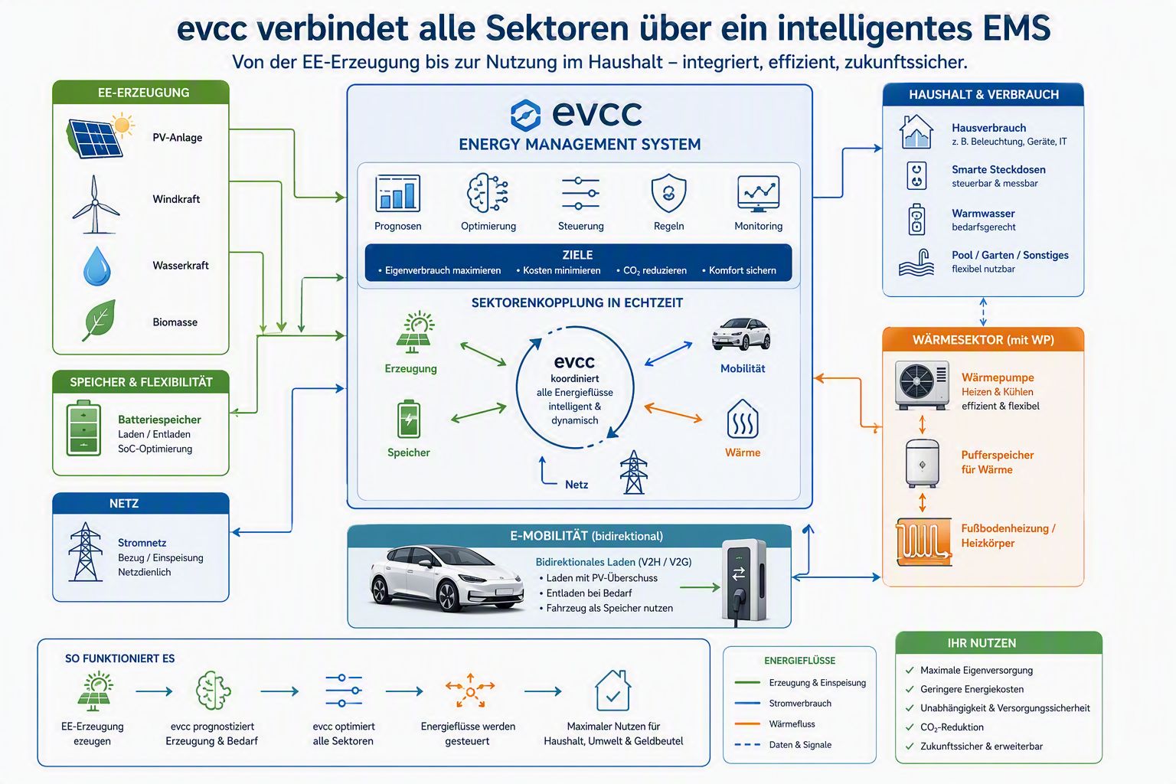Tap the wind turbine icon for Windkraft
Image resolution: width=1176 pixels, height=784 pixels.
95,204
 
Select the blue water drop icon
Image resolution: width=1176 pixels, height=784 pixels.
97,266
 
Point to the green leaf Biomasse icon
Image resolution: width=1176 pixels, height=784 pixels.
100,320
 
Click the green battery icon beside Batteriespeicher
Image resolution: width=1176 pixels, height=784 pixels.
83,428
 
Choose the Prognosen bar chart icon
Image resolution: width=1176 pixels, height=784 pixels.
397,193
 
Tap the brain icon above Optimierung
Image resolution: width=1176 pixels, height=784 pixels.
488,193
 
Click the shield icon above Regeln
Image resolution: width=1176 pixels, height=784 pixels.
668,193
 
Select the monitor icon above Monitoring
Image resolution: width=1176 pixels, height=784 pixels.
758,193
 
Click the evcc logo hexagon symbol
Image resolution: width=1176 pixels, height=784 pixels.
525,115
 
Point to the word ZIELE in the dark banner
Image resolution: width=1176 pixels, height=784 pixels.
577,255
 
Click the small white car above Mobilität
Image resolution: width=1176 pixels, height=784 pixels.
741,334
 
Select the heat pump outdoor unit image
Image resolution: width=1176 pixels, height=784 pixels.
922,385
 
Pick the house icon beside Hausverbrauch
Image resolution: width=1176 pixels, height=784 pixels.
916,132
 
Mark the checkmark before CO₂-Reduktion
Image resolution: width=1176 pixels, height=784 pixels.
910,727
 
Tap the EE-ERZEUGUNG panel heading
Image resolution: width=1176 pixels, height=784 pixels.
143,93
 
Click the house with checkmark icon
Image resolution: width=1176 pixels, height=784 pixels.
612,691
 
